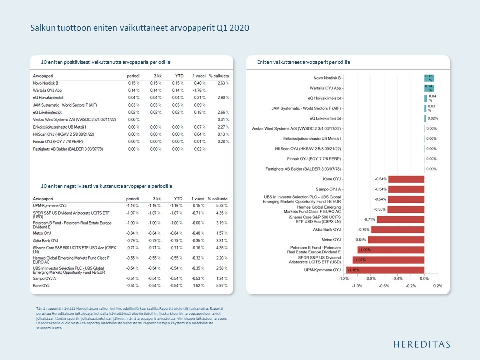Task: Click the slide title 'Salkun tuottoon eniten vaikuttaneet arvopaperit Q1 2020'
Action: (140, 28)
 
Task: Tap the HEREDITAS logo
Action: (421, 344)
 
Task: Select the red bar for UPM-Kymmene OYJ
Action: (385, 270)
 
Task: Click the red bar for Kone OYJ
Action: (406, 178)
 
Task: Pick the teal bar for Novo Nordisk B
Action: (429, 78)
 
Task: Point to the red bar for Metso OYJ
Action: (396, 240)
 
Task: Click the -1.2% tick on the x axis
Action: (344, 278)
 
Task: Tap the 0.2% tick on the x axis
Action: (438, 286)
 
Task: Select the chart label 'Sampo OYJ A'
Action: (328, 189)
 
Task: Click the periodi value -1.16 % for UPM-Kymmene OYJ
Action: (132, 205)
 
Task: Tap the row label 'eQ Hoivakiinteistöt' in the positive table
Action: (50, 98)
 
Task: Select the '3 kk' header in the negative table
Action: (157, 198)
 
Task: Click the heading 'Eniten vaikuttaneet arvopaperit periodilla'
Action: (303, 62)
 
